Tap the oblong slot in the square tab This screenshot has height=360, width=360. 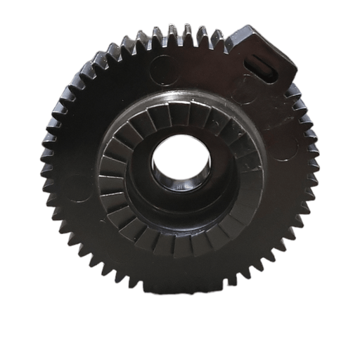pyautogui.click(x=265, y=67)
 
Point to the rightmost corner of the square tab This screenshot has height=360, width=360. pyautogui.click(x=296, y=70)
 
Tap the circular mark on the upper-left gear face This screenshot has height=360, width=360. pyautogui.click(x=163, y=68)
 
